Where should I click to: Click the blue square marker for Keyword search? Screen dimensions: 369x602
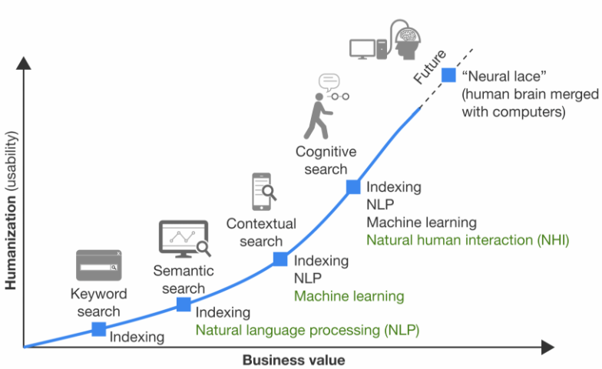(99, 329)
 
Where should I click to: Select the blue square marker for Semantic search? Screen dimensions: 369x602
(184, 305)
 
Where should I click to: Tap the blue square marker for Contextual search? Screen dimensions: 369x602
(281, 259)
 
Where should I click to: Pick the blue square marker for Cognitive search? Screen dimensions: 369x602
(353, 186)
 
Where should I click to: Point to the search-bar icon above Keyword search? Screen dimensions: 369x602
(98, 265)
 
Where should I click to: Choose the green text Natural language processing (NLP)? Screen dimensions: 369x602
(308, 331)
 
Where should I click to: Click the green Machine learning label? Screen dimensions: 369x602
(349, 296)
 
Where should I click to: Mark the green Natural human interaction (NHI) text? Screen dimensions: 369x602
(468, 240)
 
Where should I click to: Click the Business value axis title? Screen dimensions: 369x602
(294, 360)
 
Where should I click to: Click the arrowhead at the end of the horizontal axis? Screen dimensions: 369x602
(547, 348)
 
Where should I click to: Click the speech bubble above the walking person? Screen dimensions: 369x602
(329, 81)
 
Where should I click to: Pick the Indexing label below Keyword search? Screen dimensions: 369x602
(137, 337)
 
